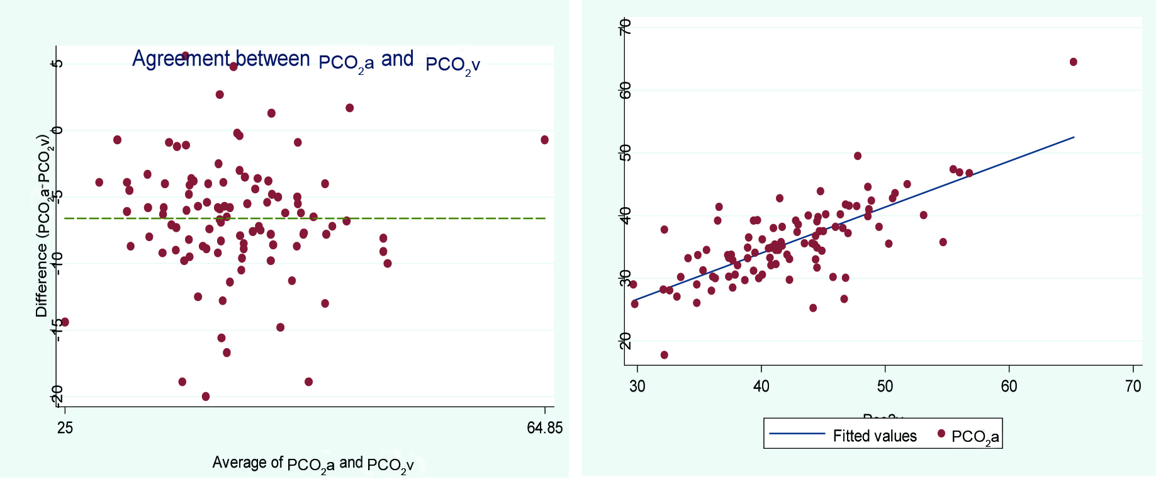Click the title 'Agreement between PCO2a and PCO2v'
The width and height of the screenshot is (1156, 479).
pos(306,60)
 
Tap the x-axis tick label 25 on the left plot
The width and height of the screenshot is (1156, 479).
pos(65,429)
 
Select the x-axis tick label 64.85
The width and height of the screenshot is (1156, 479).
pos(545,429)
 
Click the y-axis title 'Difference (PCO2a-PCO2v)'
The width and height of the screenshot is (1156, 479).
pos(43,225)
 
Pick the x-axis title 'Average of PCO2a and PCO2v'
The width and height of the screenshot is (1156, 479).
pos(313,464)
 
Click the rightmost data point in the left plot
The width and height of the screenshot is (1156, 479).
pos(544,140)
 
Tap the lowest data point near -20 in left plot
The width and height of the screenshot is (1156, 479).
pos(206,397)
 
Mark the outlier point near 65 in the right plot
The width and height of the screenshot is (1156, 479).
pos(1073,62)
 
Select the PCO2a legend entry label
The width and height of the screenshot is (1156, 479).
pos(975,437)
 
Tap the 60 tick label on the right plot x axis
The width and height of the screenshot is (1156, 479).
pos(1009,386)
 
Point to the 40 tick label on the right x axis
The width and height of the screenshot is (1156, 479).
pos(761,386)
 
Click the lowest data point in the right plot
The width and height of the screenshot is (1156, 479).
pos(664,355)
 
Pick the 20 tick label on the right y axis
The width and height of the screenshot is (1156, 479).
pos(625,341)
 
